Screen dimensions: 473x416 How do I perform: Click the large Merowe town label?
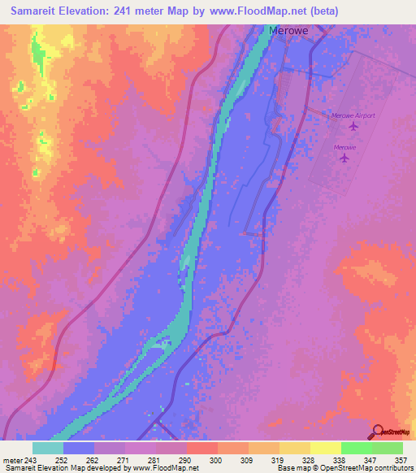[x=288, y=32]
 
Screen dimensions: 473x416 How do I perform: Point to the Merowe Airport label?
[x=353, y=115]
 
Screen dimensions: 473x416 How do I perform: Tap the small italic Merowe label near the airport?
[x=345, y=147]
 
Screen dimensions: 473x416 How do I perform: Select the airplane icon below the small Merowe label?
[x=345, y=158]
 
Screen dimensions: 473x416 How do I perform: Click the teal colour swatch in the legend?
[x=48, y=448]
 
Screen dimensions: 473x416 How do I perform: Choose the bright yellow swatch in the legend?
[x=326, y=448]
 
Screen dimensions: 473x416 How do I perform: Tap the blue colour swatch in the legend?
[x=79, y=448]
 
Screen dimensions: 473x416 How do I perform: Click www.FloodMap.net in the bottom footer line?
[x=166, y=469]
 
